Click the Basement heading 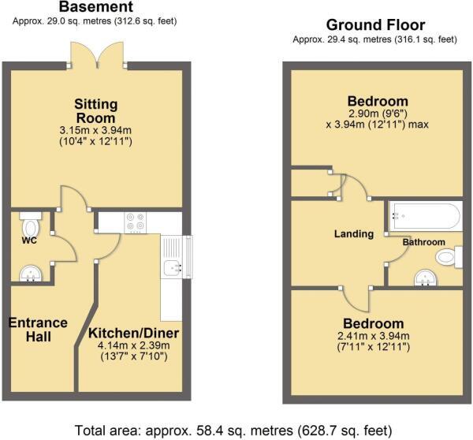(x=96, y=6)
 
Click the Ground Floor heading (x=375, y=24)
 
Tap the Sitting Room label (x=96, y=111)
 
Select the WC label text (x=30, y=241)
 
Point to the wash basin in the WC (x=31, y=274)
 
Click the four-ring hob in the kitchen (x=136, y=222)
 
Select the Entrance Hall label (x=38, y=330)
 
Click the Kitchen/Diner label (x=134, y=334)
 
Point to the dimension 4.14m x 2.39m (x=134, y=345)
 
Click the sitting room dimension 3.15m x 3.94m (x=96, y=130)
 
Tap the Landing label (x=354, y=234)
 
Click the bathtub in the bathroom (x=426, y=216)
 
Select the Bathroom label (x=424, y=242)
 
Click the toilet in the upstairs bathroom (x=449, y=257)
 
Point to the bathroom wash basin (x=426, y=278)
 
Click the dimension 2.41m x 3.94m (x=374, y=336)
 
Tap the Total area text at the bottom (x=233, y=430)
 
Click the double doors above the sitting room (x=97, y=54)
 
